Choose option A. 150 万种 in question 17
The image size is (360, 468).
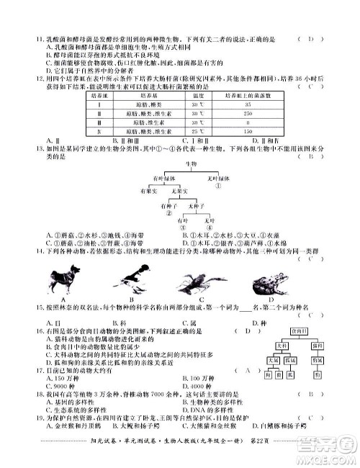click(60, 377)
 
